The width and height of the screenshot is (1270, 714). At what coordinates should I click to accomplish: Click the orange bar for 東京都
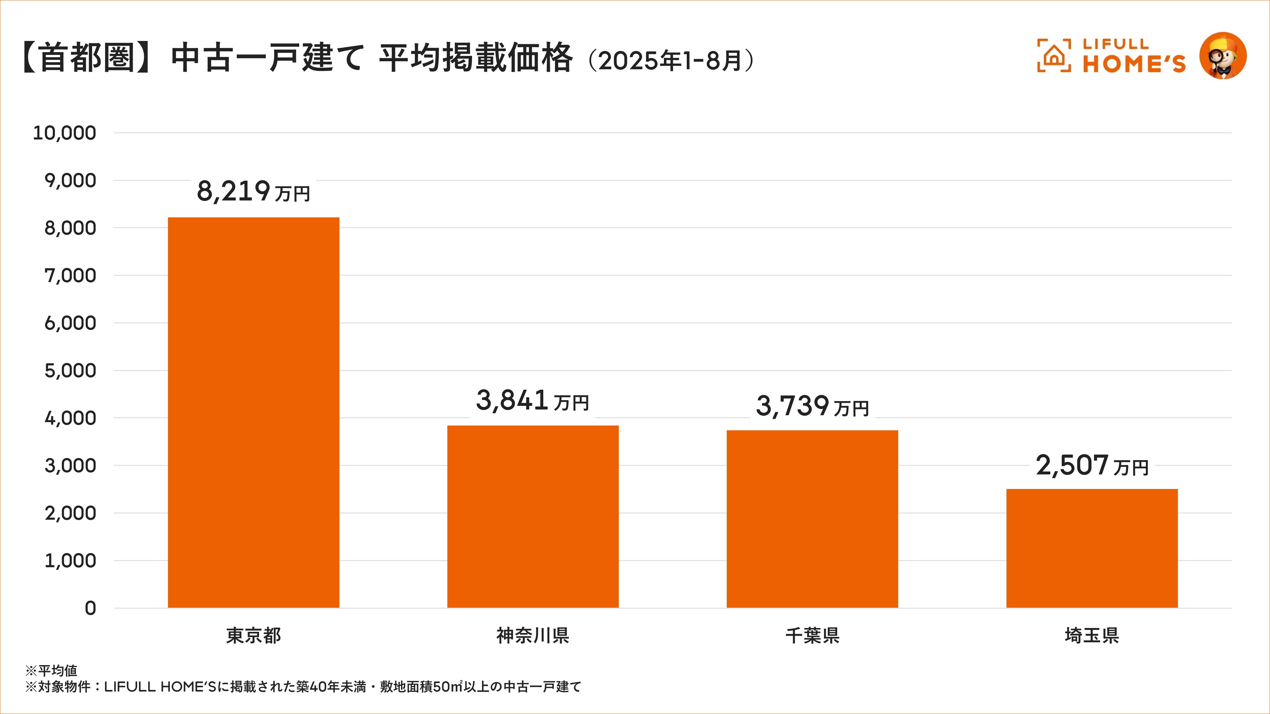[253, 413]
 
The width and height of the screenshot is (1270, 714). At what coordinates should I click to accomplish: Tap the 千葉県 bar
[812, 519]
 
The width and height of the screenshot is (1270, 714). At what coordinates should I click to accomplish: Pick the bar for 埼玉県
[1092, 548]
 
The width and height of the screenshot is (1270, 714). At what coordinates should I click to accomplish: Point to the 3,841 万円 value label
[532, 400]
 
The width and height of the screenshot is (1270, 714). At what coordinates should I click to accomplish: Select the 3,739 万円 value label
[812, 406]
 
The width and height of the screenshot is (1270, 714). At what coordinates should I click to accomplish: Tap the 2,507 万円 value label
[1092, 465]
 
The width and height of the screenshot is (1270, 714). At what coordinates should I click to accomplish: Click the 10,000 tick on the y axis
[64, 133]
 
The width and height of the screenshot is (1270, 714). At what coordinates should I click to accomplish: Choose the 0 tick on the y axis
[90, 608]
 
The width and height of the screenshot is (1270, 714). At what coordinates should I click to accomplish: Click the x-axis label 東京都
[253, 635]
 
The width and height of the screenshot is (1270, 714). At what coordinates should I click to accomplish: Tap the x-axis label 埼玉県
[1092, 635]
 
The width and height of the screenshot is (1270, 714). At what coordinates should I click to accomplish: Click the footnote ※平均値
[51, 670]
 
